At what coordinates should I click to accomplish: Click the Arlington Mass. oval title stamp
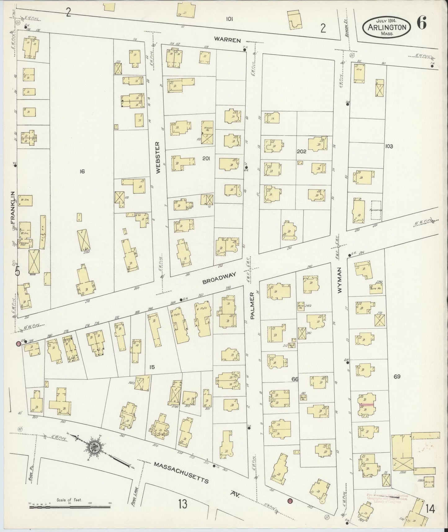387,27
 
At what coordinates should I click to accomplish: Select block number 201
206,158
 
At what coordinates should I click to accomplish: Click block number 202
301,151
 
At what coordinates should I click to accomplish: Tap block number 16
82,171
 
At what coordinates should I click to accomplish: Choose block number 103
389,146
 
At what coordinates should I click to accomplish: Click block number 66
295,379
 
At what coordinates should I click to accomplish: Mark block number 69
397,377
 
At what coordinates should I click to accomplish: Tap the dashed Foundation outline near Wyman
376,210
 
